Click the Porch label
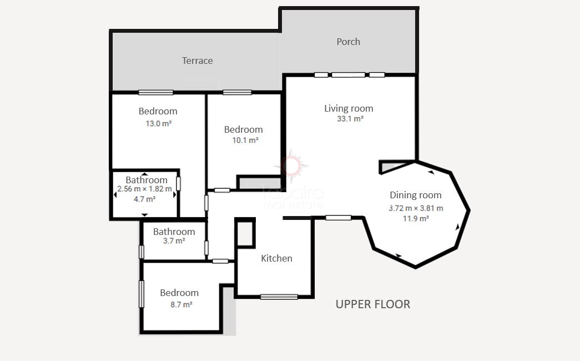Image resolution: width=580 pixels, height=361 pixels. tap(348, 42)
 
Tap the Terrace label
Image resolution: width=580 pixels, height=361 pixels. tap(197, 61)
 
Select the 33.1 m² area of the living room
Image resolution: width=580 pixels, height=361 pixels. tap(350, 119)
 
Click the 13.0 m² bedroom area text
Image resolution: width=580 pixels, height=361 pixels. tap(158, 124)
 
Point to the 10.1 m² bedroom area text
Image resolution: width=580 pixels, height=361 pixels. tap(245, 141)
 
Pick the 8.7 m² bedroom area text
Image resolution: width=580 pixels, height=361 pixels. tap(181, 305)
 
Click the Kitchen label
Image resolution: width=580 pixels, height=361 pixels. tap(277, 258)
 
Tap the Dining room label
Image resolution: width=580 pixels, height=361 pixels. tap(415, 195)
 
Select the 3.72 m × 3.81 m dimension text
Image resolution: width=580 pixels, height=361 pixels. tap(416, 208)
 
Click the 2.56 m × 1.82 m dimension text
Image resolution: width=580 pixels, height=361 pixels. tap(145, 189)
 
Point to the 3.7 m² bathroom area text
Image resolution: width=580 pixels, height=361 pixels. tap(174, 241)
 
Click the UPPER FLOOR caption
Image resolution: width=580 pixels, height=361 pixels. tap(373, 304)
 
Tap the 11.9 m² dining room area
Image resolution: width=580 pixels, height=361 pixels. tap(416, 219)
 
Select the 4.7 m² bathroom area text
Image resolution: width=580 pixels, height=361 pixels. tap(144, 199)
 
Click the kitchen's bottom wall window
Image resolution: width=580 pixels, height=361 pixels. tap(279, 297)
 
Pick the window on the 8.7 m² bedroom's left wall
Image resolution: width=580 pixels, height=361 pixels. tap(142, 294)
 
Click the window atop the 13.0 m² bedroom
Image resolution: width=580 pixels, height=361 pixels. tap(156, 92)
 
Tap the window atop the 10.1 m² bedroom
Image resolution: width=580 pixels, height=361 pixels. tap(237, 92)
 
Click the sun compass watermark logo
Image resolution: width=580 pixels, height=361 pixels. tap(291, 166)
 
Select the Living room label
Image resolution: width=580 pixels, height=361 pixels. tap(349, 108)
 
